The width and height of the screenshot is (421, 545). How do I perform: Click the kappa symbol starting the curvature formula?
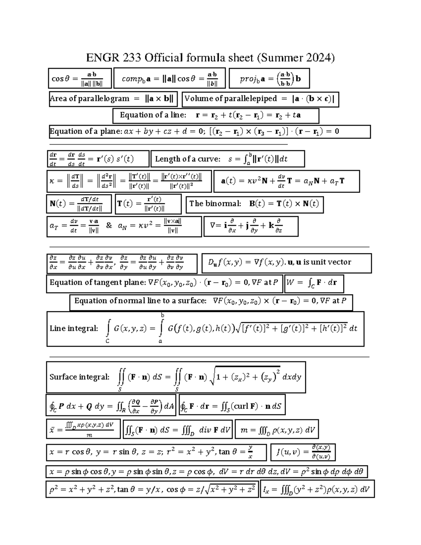coord(51,181)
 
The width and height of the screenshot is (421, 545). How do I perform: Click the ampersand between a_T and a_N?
coord(109,226)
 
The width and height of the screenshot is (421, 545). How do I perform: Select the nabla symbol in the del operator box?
coord(213,226)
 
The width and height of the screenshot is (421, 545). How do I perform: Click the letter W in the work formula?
coord(291,282)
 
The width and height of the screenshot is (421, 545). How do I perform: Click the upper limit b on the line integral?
coord(162,315)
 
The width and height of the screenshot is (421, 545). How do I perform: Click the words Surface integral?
coord(79,377)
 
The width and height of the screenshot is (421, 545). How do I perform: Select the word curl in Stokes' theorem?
coord(241,406)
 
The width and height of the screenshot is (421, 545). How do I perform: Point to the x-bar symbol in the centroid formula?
coord(51,430)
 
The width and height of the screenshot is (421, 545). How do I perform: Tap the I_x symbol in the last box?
coord(265,490)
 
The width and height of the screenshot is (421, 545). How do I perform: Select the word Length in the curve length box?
coord(167,159)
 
